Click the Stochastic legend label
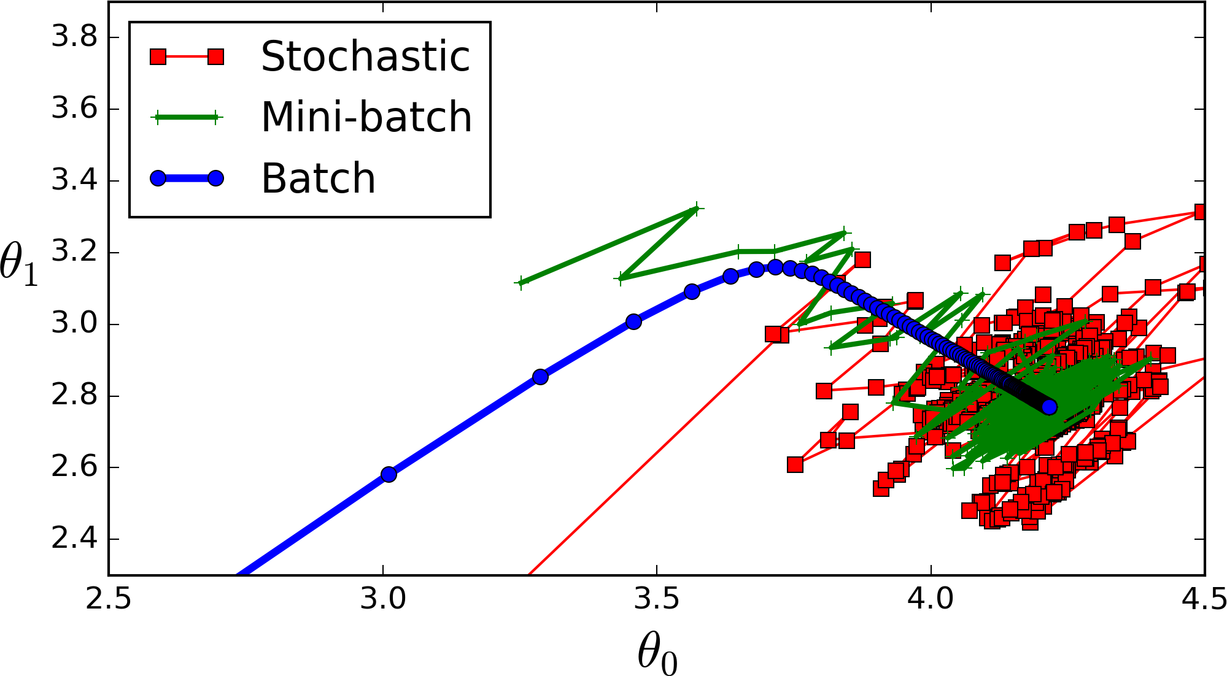click(365, 56)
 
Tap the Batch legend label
click(318, 179)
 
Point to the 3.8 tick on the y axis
click(74, 37)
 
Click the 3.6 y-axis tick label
click(74, 109)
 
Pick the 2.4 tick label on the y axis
click(74, 539)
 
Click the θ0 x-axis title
click(657, 653)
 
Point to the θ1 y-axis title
click(18, 264)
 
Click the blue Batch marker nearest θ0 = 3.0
click(389, 474)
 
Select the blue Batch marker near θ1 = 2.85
click(540, 377)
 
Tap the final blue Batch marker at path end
click(1050, 407)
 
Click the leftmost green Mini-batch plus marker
click(521, 283)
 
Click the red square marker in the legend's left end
click(158, 57)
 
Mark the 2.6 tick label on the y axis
click(74, 467)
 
